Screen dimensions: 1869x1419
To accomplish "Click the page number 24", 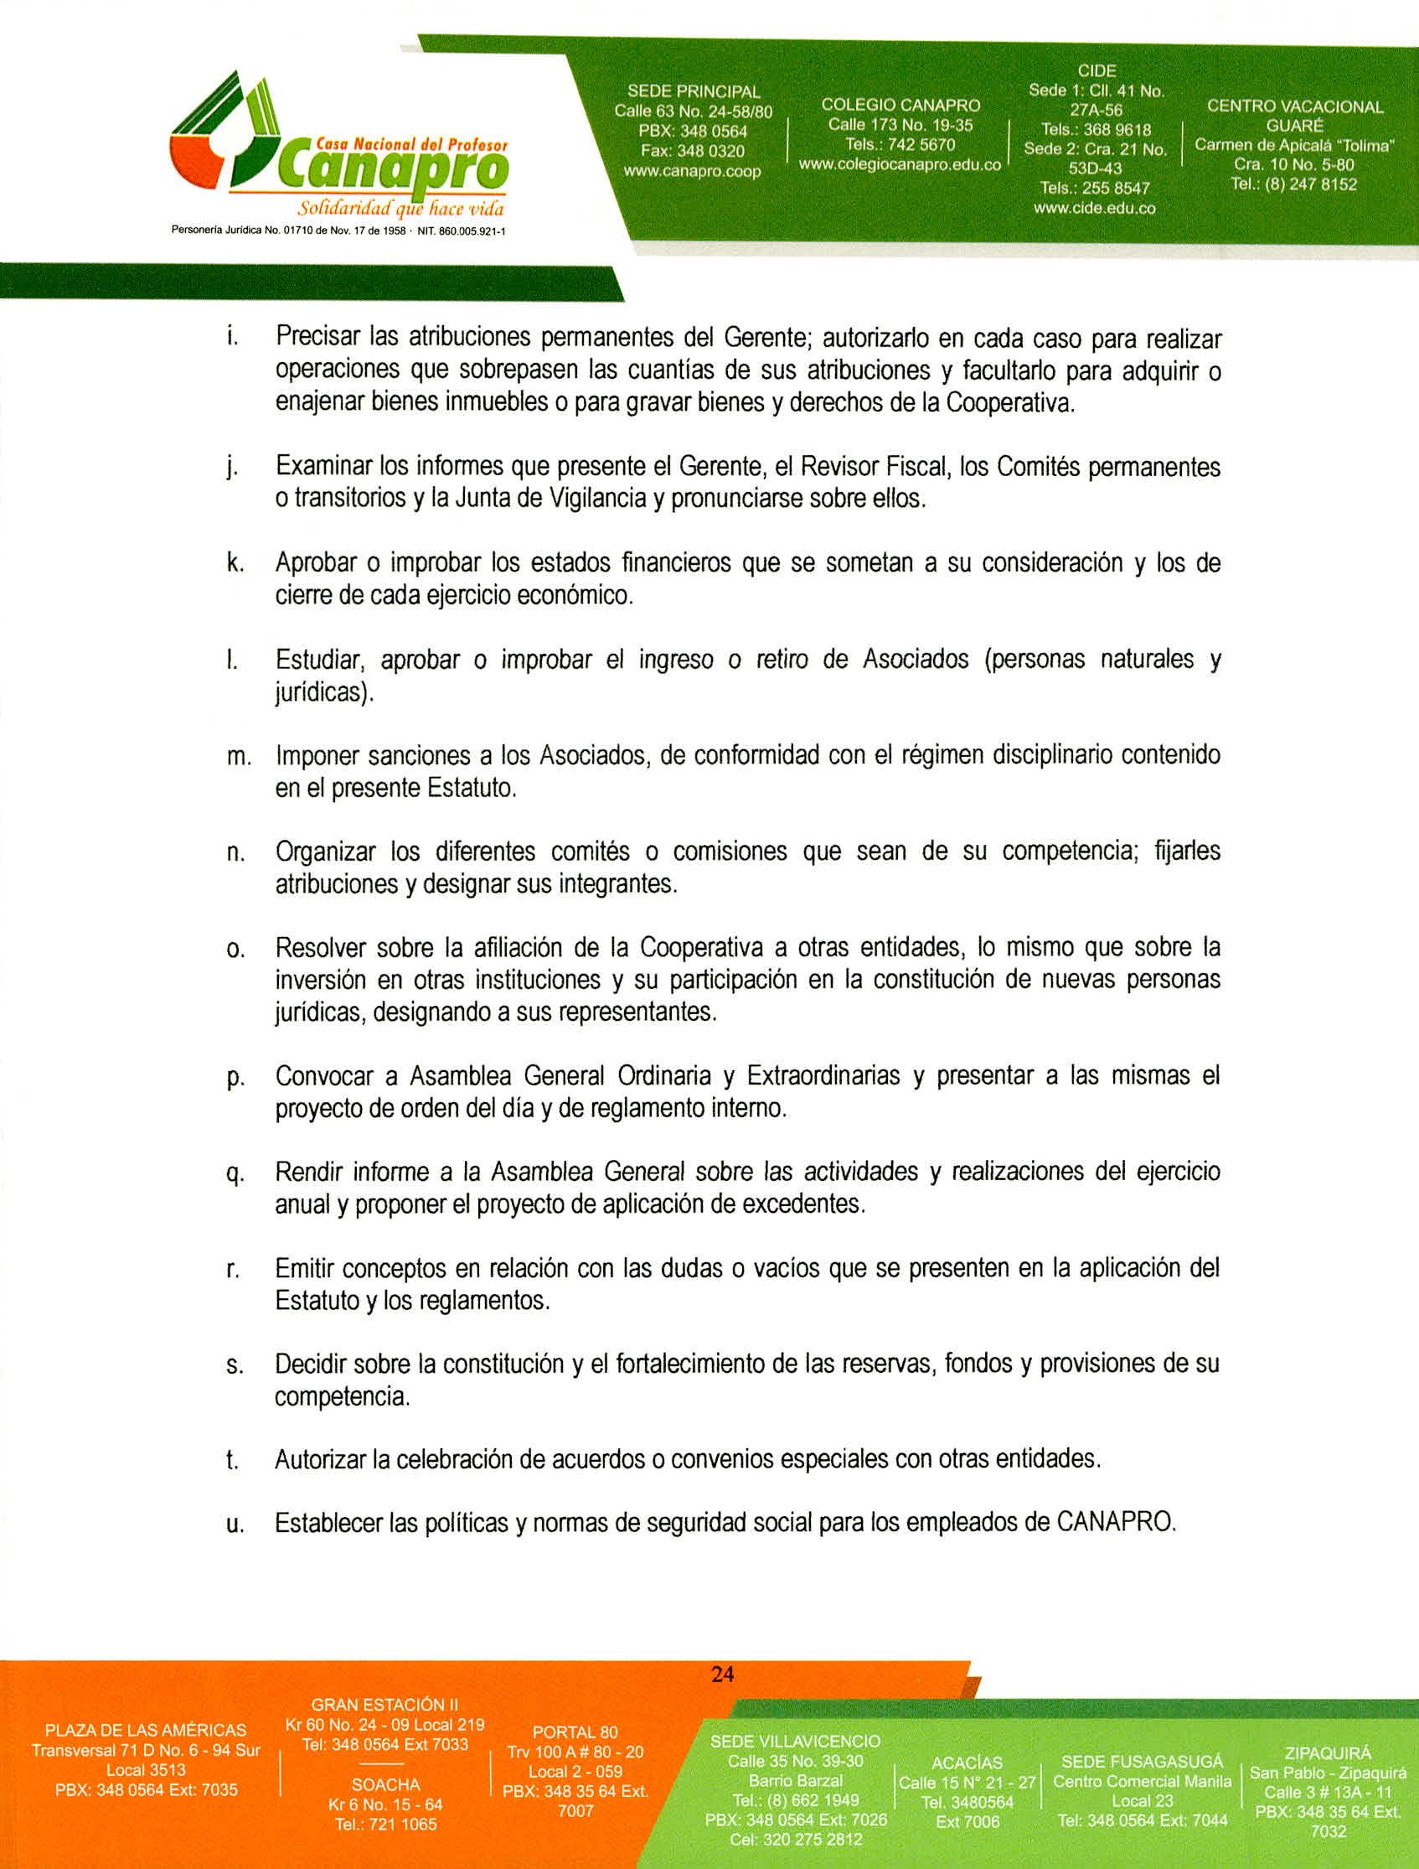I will click(722, 1673).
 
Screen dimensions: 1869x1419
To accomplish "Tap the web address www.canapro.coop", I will click(692, 172).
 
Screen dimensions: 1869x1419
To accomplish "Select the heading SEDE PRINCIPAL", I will click(693, 91).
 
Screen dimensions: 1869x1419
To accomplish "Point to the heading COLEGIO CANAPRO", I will click(900, 106).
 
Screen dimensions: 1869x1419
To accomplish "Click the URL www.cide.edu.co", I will click(1095, 208).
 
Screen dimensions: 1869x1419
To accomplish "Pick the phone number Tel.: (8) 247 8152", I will click(1293, 184).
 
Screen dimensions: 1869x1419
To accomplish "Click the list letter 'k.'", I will click(235, 563).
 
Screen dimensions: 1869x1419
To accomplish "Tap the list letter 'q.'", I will click(235, 1174).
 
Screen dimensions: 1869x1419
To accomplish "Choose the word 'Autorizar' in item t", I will click(319, 1459).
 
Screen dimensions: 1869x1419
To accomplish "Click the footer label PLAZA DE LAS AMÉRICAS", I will click(145, 1730).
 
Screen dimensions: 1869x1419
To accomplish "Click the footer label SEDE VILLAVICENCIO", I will click(795, 1742).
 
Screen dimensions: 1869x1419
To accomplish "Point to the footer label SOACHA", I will click(385, 1784).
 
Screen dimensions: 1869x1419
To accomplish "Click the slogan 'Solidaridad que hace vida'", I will click(401, 209).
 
